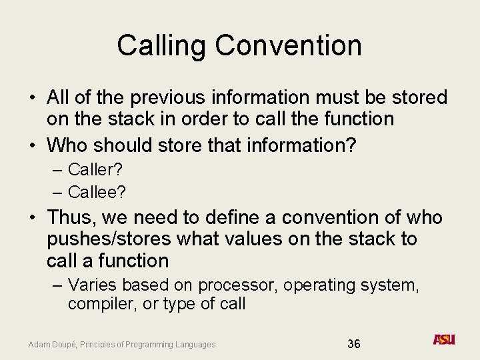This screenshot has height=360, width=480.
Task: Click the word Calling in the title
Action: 162,45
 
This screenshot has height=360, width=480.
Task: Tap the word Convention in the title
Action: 289,45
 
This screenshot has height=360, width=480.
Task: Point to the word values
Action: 256,239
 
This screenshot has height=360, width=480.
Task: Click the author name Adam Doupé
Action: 53,344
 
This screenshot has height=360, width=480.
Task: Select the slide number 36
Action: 353,343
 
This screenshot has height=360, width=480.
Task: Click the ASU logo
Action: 443,340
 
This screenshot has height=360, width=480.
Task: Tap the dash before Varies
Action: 57,285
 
